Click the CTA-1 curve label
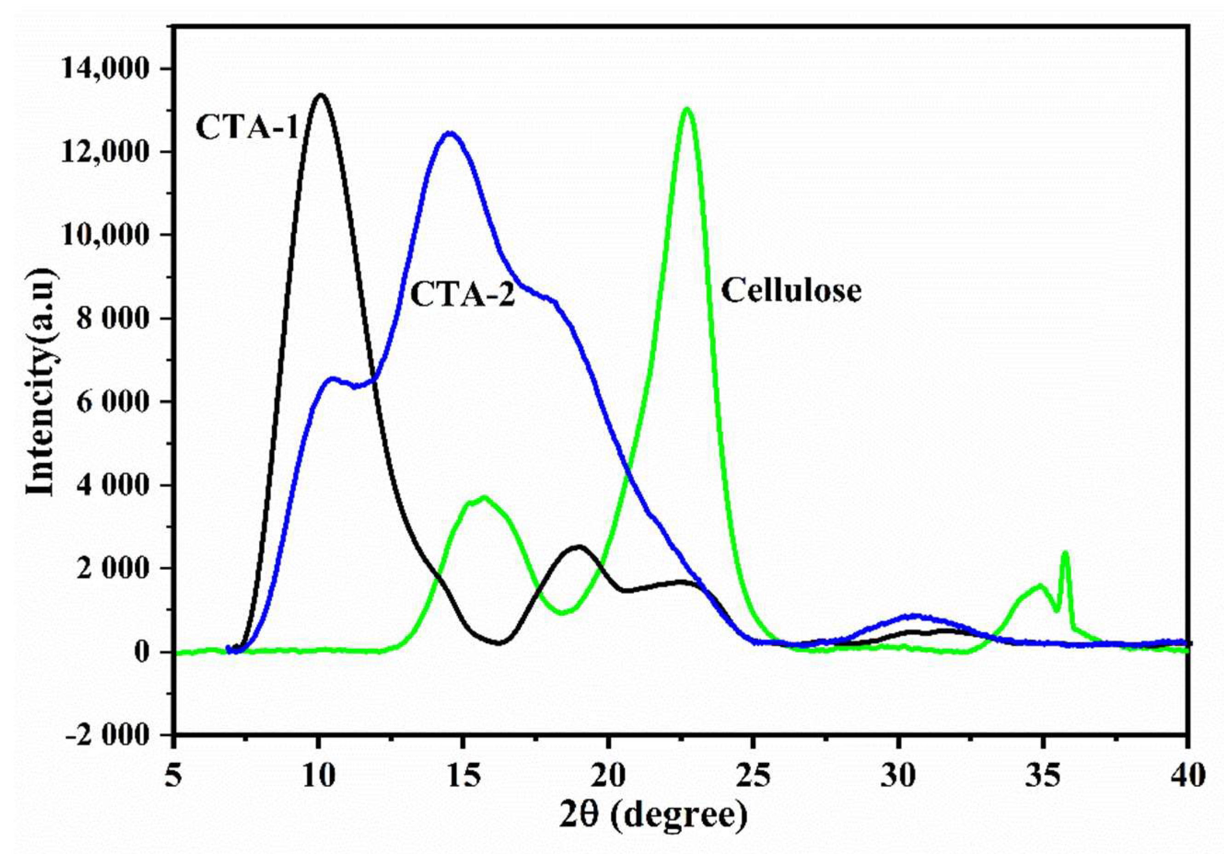click(246, 128)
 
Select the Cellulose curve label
click(791, 292)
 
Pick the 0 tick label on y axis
click(141, 652)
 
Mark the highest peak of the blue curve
click(451, 133)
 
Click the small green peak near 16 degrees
click(483, 498)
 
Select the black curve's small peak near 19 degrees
click(579, 547)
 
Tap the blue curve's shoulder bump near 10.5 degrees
click(332, 379)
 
